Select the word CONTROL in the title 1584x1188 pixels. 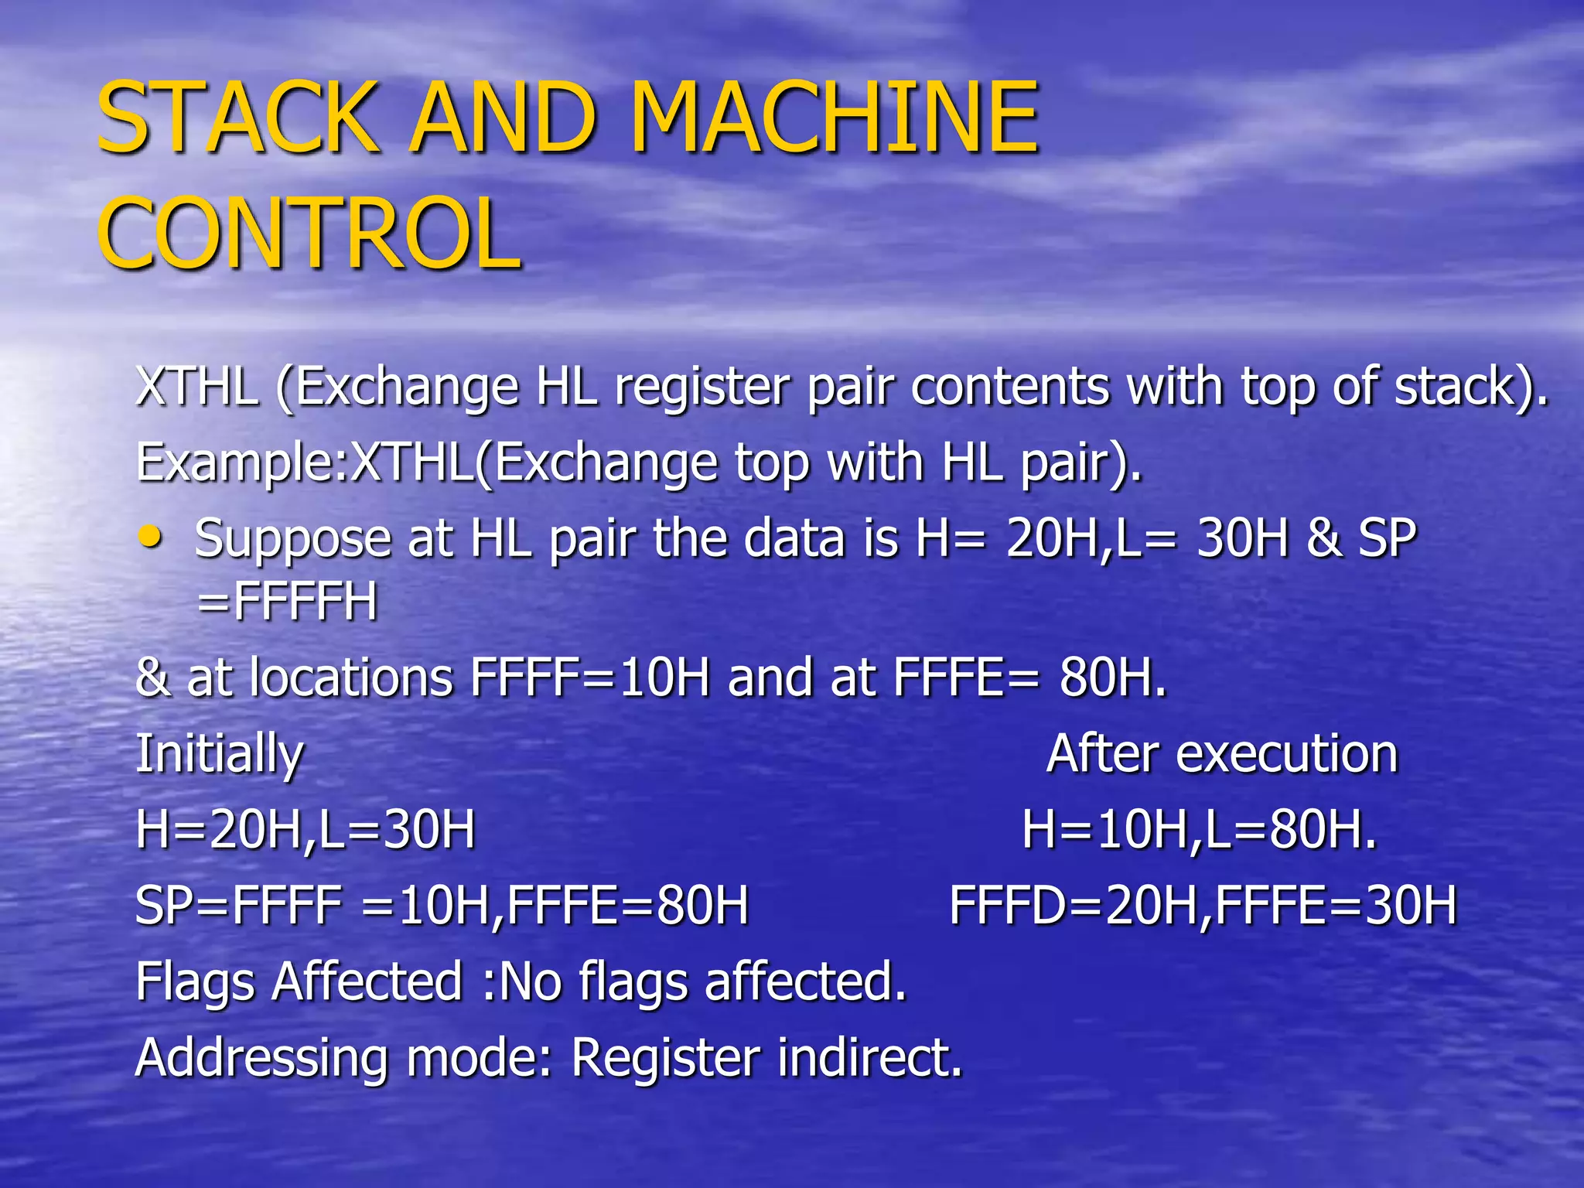click(309, 234)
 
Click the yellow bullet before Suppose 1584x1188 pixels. click(150, 536)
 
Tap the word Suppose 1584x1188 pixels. click(292, 539)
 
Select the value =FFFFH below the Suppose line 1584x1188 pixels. click(288, 602)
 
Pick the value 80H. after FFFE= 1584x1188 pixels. click(1112, 678)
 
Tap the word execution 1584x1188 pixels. click(1287, 753)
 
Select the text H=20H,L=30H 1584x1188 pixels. click(306, 830)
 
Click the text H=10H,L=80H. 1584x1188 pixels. click(1200, 830)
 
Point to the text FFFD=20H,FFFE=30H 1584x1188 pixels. click(1203, 906)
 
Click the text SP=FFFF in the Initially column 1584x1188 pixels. click(238, 906)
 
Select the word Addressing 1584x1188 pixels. click(261, 1058)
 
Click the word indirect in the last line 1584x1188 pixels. click(870, 1057)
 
